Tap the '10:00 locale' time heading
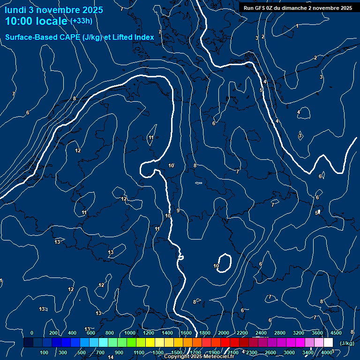(36, 22)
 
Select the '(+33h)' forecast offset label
(81, 21)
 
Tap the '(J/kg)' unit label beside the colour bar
(347, 343)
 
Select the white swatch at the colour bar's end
(329, 343)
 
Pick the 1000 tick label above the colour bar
(130, 333)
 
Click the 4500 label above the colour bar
(336, 333)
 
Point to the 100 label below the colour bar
(44, 352)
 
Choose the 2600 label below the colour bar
(270, 352)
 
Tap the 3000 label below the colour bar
(289, 352)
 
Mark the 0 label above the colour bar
(32, 333)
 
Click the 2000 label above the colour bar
(224, 333)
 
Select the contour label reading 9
(178, 210)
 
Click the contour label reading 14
(111, 357)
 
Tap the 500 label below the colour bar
(82, 352)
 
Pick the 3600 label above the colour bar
(317, 333)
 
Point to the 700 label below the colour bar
(100, 352)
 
